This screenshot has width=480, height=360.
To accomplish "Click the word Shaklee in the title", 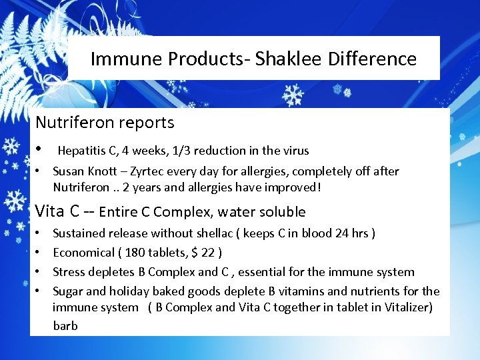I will tap(291, 59).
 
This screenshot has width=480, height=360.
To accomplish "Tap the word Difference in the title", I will tap(372, 59).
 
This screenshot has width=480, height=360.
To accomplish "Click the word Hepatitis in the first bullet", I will tap(81, 151).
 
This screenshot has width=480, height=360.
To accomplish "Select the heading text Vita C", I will tap(58, 212).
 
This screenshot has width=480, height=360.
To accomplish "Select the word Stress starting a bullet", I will tap(68, 272).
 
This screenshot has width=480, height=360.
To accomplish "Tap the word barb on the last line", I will tap(65, 326).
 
